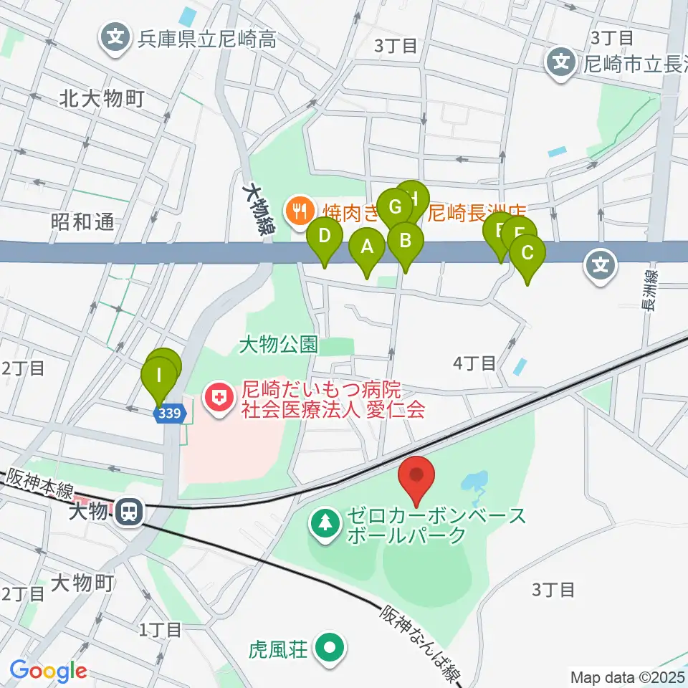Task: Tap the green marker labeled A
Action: click(x=367, y=248)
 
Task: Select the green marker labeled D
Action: click(x=324, y=236)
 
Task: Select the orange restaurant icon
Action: click(x=297, y=211)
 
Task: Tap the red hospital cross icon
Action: click(x=218, y=398)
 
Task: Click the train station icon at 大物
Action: click(x=130, y=511)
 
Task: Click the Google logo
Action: click(x=49, y=672)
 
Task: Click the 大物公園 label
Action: click(x=278, y=345)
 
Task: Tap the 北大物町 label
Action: click(x=102, y=97)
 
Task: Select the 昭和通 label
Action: click(x=82, y=222)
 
